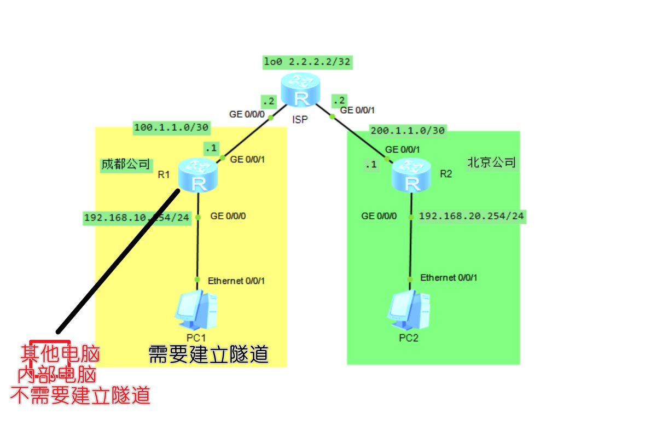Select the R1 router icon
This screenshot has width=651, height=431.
tap(198, 174)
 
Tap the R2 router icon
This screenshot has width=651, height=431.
tap(411, 174)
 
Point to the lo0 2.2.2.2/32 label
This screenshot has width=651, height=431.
tap(307, 61)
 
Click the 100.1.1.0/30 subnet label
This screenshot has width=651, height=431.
tap(171, 127)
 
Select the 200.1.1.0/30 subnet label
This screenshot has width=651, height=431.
tap(408, 130)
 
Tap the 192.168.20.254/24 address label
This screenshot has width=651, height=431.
tap(471, 216)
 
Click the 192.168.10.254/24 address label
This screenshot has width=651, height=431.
tap(136, 218)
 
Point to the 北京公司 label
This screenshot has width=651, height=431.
tap(491, 162)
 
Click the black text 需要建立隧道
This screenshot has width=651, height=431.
tap(209, 354)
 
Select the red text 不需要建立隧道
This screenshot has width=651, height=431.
tap(80, 394)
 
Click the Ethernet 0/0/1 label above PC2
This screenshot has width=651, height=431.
tap(449, 277)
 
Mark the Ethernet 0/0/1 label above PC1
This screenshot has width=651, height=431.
tap(236, 281)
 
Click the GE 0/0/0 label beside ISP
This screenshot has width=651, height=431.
tap(247, 114)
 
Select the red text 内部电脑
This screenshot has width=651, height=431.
tap(57, 375)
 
